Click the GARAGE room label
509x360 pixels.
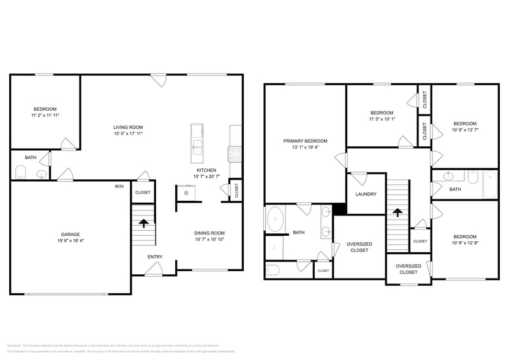[x=70, y=234]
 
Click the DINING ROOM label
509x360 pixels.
[x=209, y=233]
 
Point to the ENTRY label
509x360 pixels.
[x=155, y=257]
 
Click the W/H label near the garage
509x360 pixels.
[x=119, y=187]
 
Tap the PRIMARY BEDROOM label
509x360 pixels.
[x=305, y=141]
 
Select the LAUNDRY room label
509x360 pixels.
[x=366, y=194]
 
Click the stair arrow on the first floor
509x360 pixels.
[x=145, y=223]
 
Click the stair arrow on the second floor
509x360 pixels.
[x=398, y=212]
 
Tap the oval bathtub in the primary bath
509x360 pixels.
[x=276, y=219]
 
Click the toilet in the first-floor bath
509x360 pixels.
[x=20, y=174]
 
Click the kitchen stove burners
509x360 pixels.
[x=235, y=154]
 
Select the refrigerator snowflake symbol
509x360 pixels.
[x=186, y=193]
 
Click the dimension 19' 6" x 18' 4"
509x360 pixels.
[x=70, y=241]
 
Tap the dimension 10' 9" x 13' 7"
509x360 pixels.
[x=464, y=130]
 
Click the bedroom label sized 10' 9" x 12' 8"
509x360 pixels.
[x=464, y=237]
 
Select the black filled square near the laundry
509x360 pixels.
[x=341, y=208]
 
